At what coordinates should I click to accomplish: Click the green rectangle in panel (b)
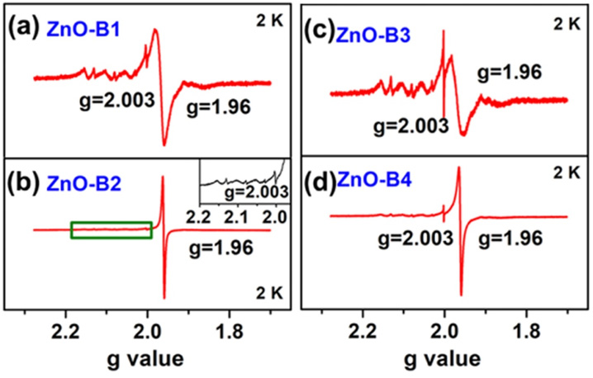tap(111, 230)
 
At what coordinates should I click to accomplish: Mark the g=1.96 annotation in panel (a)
tap(213, 106)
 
